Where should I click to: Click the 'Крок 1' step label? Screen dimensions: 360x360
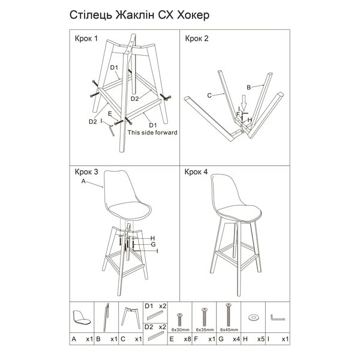[86, 39]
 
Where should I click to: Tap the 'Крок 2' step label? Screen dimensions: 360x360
[197, 39]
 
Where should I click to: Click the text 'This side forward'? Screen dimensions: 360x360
[152, 133]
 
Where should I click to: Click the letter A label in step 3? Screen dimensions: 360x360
[83, 181]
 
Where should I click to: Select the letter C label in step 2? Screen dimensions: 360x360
[209, 95]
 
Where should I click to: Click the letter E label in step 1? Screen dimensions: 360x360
[109, 113]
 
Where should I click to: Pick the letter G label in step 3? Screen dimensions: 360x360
[153, 244]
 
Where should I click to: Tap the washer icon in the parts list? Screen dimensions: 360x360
[253, 317]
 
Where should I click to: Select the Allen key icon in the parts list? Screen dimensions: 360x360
[277, 317]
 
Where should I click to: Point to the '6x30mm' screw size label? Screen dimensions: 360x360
[179, 329]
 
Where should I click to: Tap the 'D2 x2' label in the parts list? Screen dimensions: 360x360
[157, 327]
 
